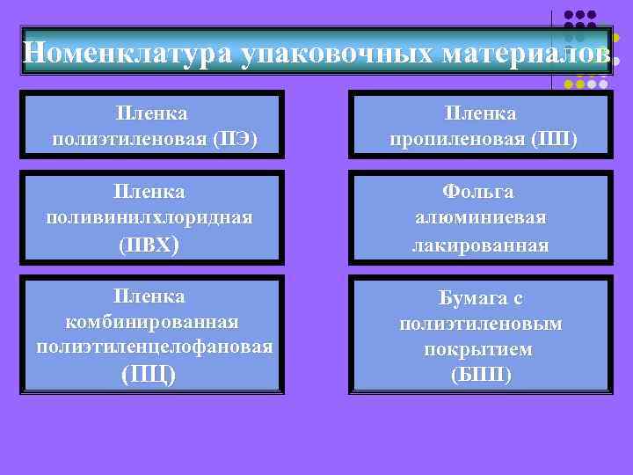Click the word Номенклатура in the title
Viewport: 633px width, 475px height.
click(x=127, y=54)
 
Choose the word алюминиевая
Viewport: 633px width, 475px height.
click(x=480, y=217)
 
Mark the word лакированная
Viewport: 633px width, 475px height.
click(x=480, y=245)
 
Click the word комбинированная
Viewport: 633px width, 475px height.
click(x=153, y=321)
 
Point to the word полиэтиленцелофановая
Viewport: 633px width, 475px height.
click(x=154, y=347)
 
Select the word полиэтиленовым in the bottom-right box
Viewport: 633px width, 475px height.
click(x=481, y=324)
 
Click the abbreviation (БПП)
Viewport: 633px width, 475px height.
click(x=480, y=375)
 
